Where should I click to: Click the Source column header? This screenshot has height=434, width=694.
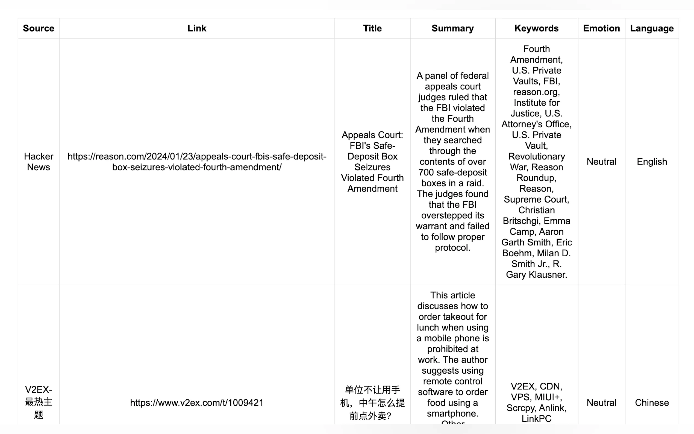point(39,28)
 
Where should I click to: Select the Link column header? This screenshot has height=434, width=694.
point(197,28)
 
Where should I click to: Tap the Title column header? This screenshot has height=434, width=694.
point(372,28)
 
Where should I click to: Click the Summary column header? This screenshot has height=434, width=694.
point(453,28)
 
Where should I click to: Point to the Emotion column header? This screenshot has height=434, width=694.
point(601,28)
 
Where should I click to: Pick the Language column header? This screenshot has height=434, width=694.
point(652,28)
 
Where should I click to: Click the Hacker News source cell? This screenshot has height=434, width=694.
point(39,162)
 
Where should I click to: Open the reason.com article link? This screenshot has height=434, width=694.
point(197,162)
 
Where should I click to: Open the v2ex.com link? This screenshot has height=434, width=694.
point(197,402)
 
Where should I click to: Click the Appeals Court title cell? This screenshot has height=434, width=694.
point(372,162)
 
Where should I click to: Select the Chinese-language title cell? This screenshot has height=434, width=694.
point(372,402)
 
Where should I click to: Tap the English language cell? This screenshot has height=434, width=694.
point(652,162)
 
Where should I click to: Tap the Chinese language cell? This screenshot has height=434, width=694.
point(652,402)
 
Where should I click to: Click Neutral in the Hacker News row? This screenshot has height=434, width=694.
point(601,162)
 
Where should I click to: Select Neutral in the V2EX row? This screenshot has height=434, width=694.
point(601,402)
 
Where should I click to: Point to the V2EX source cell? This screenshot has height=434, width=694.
point(39,402)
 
